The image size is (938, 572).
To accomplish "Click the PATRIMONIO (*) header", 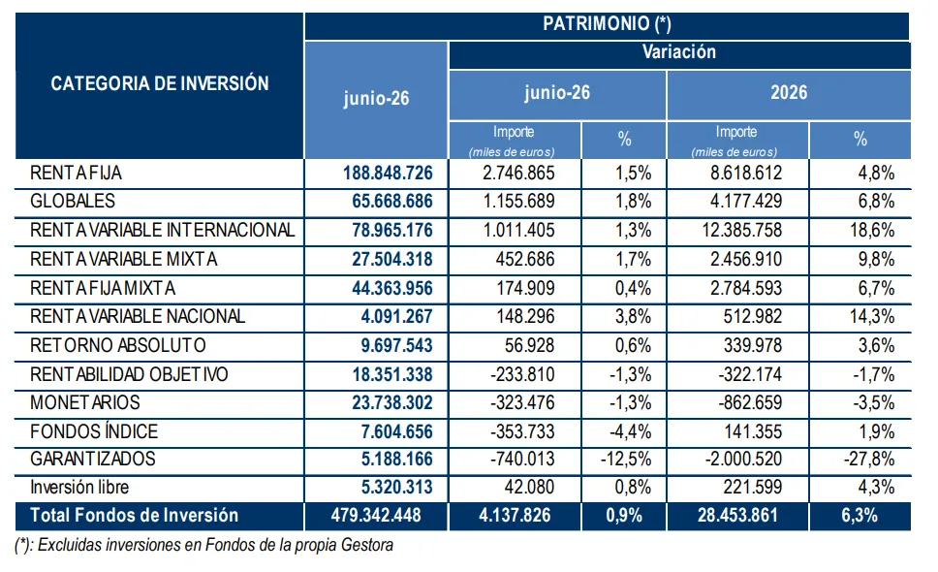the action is point(607,24).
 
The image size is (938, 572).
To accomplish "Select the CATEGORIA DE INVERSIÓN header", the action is point(160,83).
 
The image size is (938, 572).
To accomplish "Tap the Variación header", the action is point(679,52).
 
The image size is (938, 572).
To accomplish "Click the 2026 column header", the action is point(789,93).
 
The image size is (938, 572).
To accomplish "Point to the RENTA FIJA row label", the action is point(76,173).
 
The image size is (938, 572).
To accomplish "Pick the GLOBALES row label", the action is point(73,201).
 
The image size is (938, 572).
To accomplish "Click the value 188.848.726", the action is point(388,173).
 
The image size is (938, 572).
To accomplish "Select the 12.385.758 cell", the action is point(742,231).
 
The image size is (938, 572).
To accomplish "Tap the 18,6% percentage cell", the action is point(872,231).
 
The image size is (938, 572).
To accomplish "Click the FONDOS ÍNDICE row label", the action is point(94,431).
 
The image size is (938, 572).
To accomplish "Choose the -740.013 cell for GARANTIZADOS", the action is point(522,459).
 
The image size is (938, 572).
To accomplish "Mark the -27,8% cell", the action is point(869,459).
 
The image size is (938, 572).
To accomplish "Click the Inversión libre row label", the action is point(79,487).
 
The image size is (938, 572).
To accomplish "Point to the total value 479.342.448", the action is point(376,515).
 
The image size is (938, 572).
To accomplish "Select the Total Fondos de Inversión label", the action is point(134,515).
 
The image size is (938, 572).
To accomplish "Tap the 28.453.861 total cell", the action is point(737,515).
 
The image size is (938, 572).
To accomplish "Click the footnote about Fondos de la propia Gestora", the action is point(204,545).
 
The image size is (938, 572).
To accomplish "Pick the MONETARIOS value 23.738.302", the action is point(392,402).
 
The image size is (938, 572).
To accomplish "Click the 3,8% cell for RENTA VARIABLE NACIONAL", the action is point(633,316).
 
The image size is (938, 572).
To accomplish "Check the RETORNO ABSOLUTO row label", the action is point(118,345).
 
